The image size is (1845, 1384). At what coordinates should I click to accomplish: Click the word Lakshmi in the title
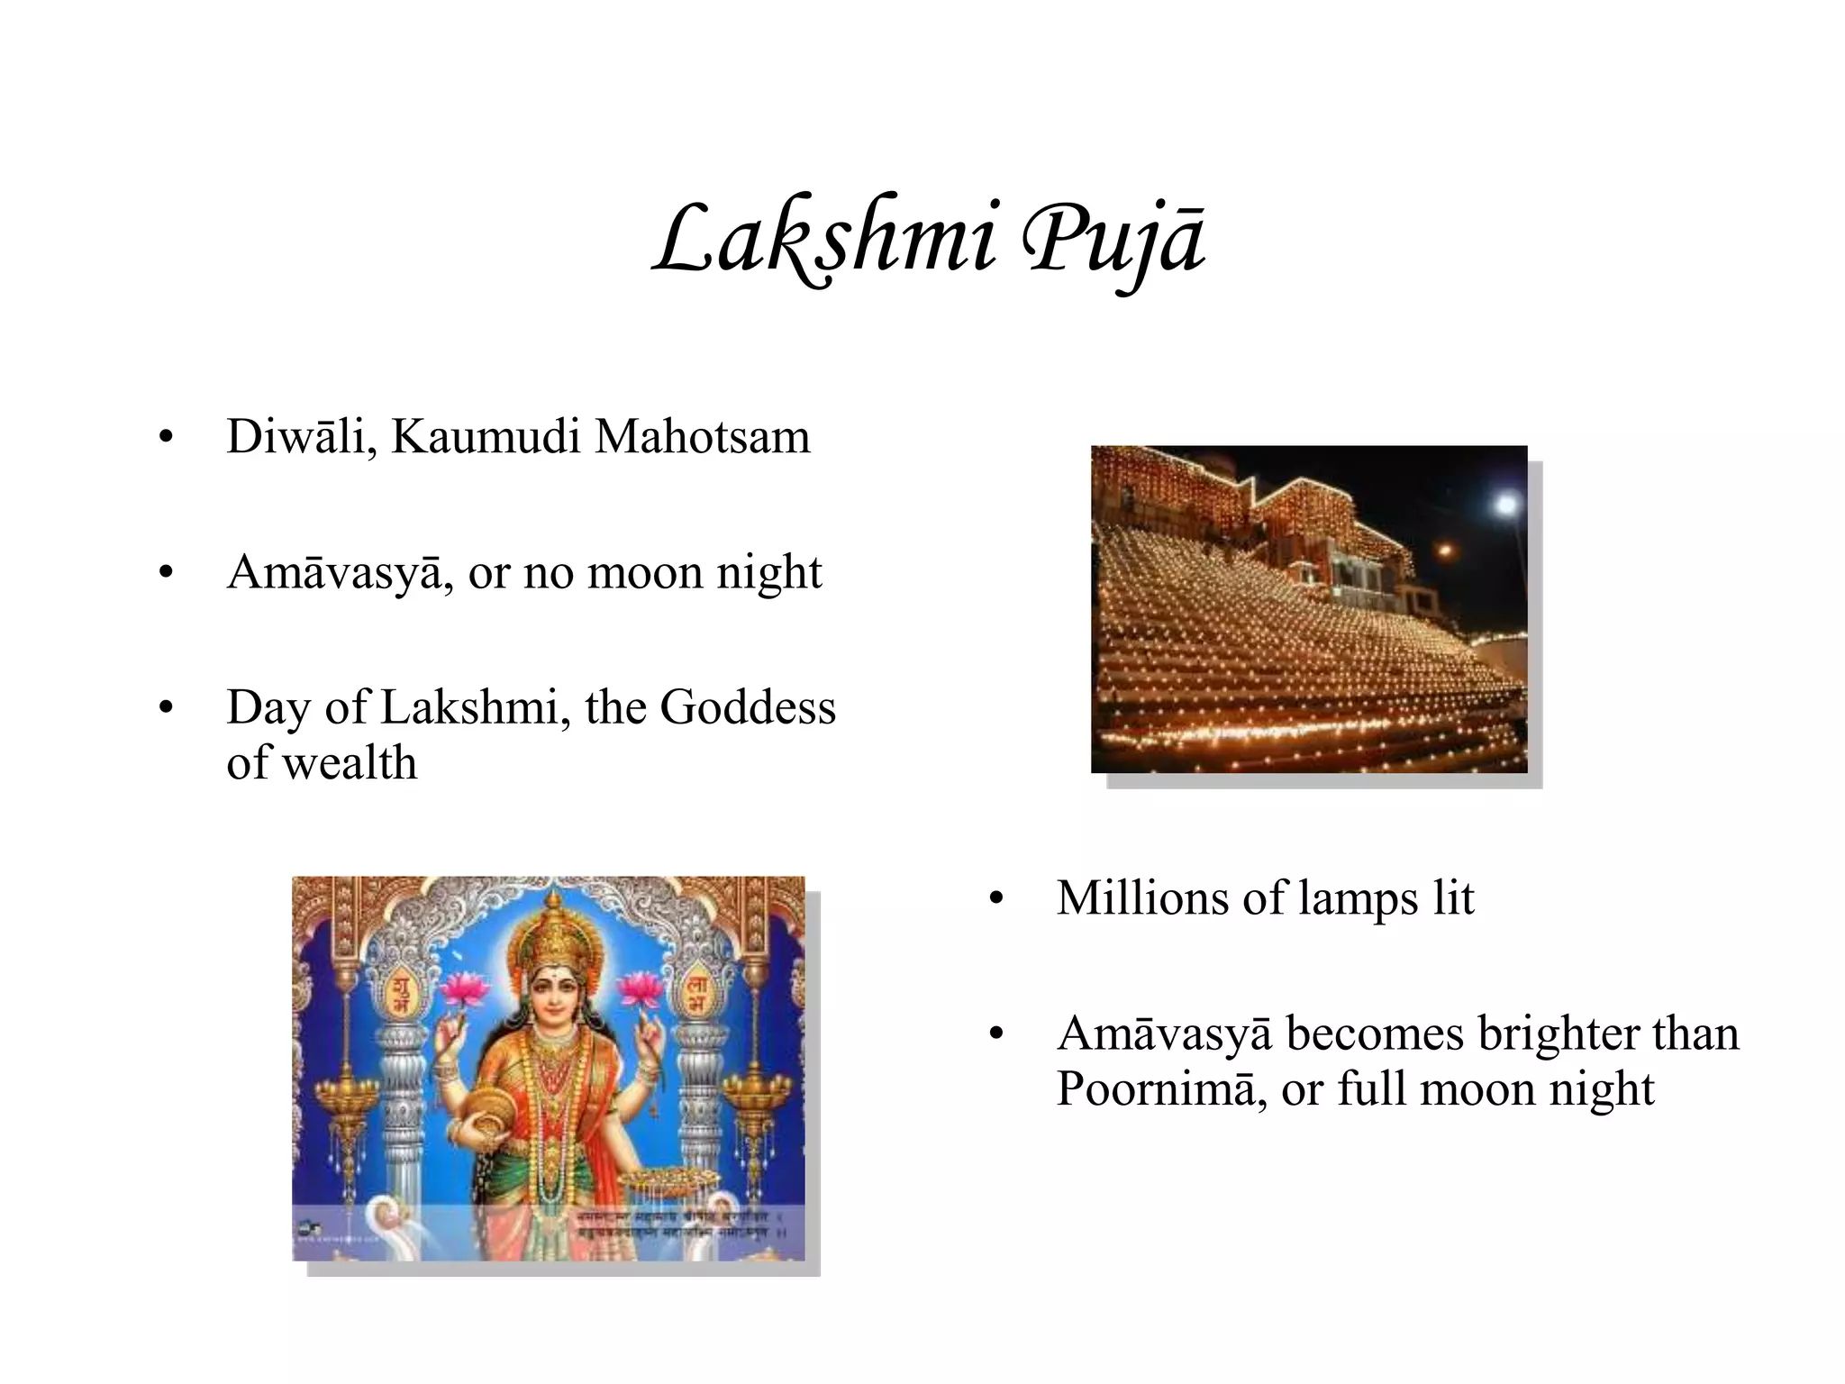pyautogui.click(x=824, y=239)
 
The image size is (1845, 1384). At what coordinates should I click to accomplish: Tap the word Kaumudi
pyautogui.click(x=486, y=437)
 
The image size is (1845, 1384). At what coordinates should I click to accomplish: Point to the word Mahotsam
pyautogui.click(x=703, y=437)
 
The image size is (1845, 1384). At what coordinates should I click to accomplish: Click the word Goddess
pyautogui.click(x=748, y=707)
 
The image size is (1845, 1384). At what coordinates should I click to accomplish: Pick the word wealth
pyautogui.click(x=349, y=763)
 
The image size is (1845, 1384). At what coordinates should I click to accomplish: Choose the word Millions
pyautogui.click(x=1141, y=898)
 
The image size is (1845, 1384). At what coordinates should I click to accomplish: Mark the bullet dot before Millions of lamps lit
pyautogui.click(x=995, y=899)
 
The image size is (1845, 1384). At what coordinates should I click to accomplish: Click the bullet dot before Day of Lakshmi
pyautogui.click(x=165, y=708)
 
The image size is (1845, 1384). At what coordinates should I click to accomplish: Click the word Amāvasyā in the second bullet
pyautogui.click(x=334, y=572)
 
